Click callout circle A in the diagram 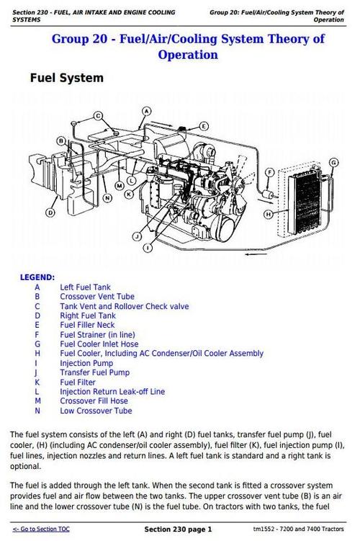[146, 111]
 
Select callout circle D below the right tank [50, 213]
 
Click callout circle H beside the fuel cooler [268, 214]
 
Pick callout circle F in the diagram [269, 173]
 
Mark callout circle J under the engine [136, 236]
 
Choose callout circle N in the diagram [107, 198]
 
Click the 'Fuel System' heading [66, 78]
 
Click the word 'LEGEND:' [37, 277]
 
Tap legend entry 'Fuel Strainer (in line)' [96, 334]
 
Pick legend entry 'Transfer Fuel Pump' [94, 372]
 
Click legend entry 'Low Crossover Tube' [96, 411]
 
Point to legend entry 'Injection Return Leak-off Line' [112, 392]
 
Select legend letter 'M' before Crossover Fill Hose [37, 401]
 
